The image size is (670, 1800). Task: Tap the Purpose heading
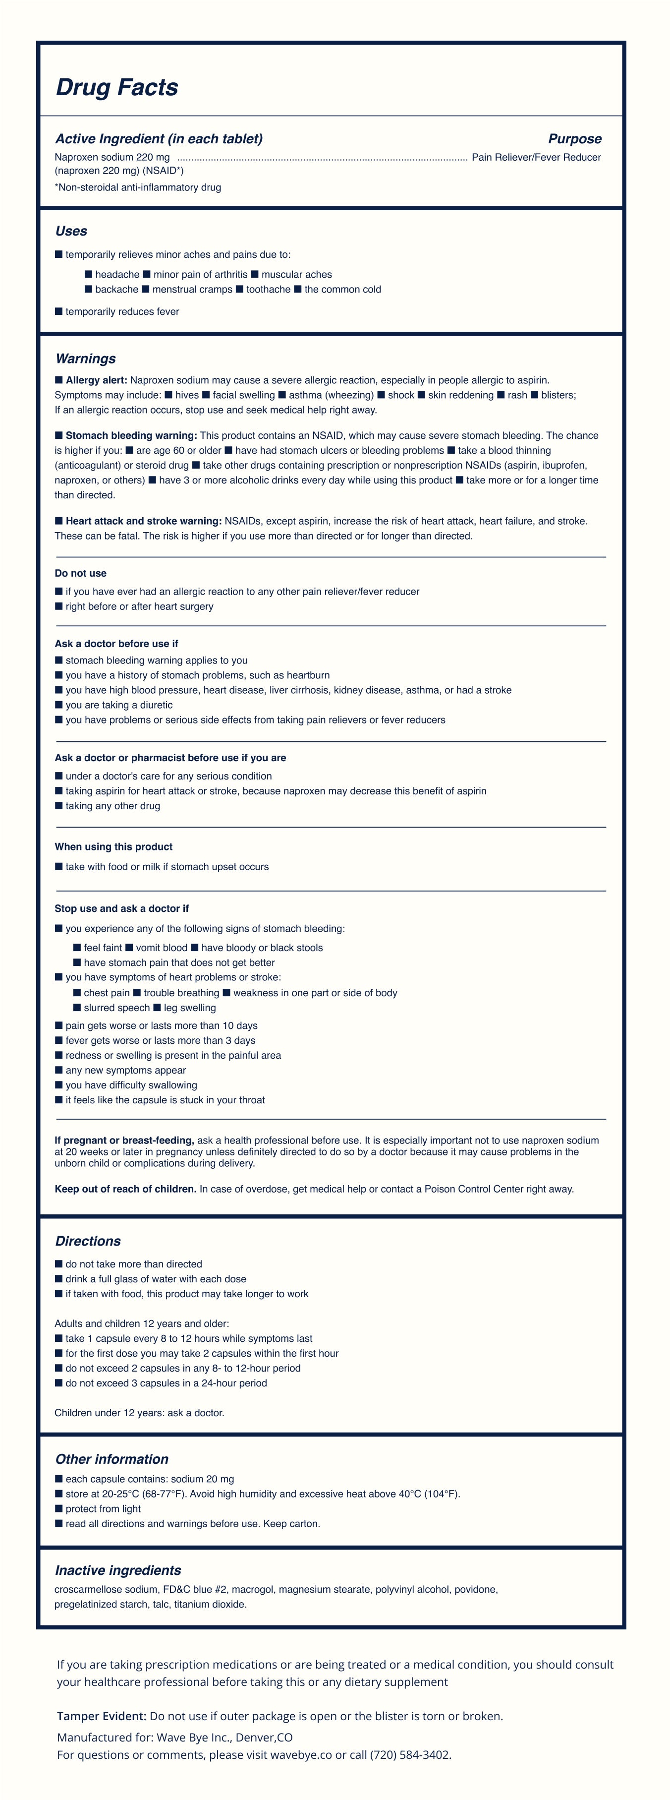pos(574,139)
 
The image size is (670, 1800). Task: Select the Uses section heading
pos(71,231)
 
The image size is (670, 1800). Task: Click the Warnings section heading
pos(85,359)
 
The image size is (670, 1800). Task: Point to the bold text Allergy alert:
pos(97,380)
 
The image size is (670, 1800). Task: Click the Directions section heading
pos(88,1241)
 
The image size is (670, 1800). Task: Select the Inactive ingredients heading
pos(118,1570)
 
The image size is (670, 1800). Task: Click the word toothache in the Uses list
pos(268,289)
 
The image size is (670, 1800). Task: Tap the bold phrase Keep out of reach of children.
pos(126,1189)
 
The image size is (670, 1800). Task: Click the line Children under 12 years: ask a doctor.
pos(140,1413)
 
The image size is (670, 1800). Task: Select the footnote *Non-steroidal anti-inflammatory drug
pos(138,187)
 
